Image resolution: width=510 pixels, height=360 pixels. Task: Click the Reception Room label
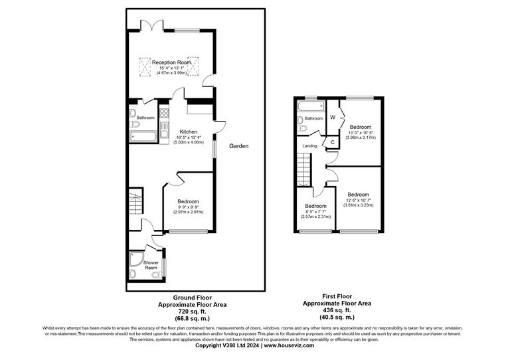[171, 62]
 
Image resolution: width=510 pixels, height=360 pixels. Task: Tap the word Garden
[239, 146]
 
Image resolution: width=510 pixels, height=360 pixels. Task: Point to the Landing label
[310, 146]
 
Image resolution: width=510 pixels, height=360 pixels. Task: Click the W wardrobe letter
[333, 118]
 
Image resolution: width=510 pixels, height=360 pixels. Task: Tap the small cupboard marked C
[333, 142]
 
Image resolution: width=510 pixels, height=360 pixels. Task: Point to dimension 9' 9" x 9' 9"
[188, 207]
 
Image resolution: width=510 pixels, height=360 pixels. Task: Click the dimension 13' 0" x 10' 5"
[360, 133]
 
